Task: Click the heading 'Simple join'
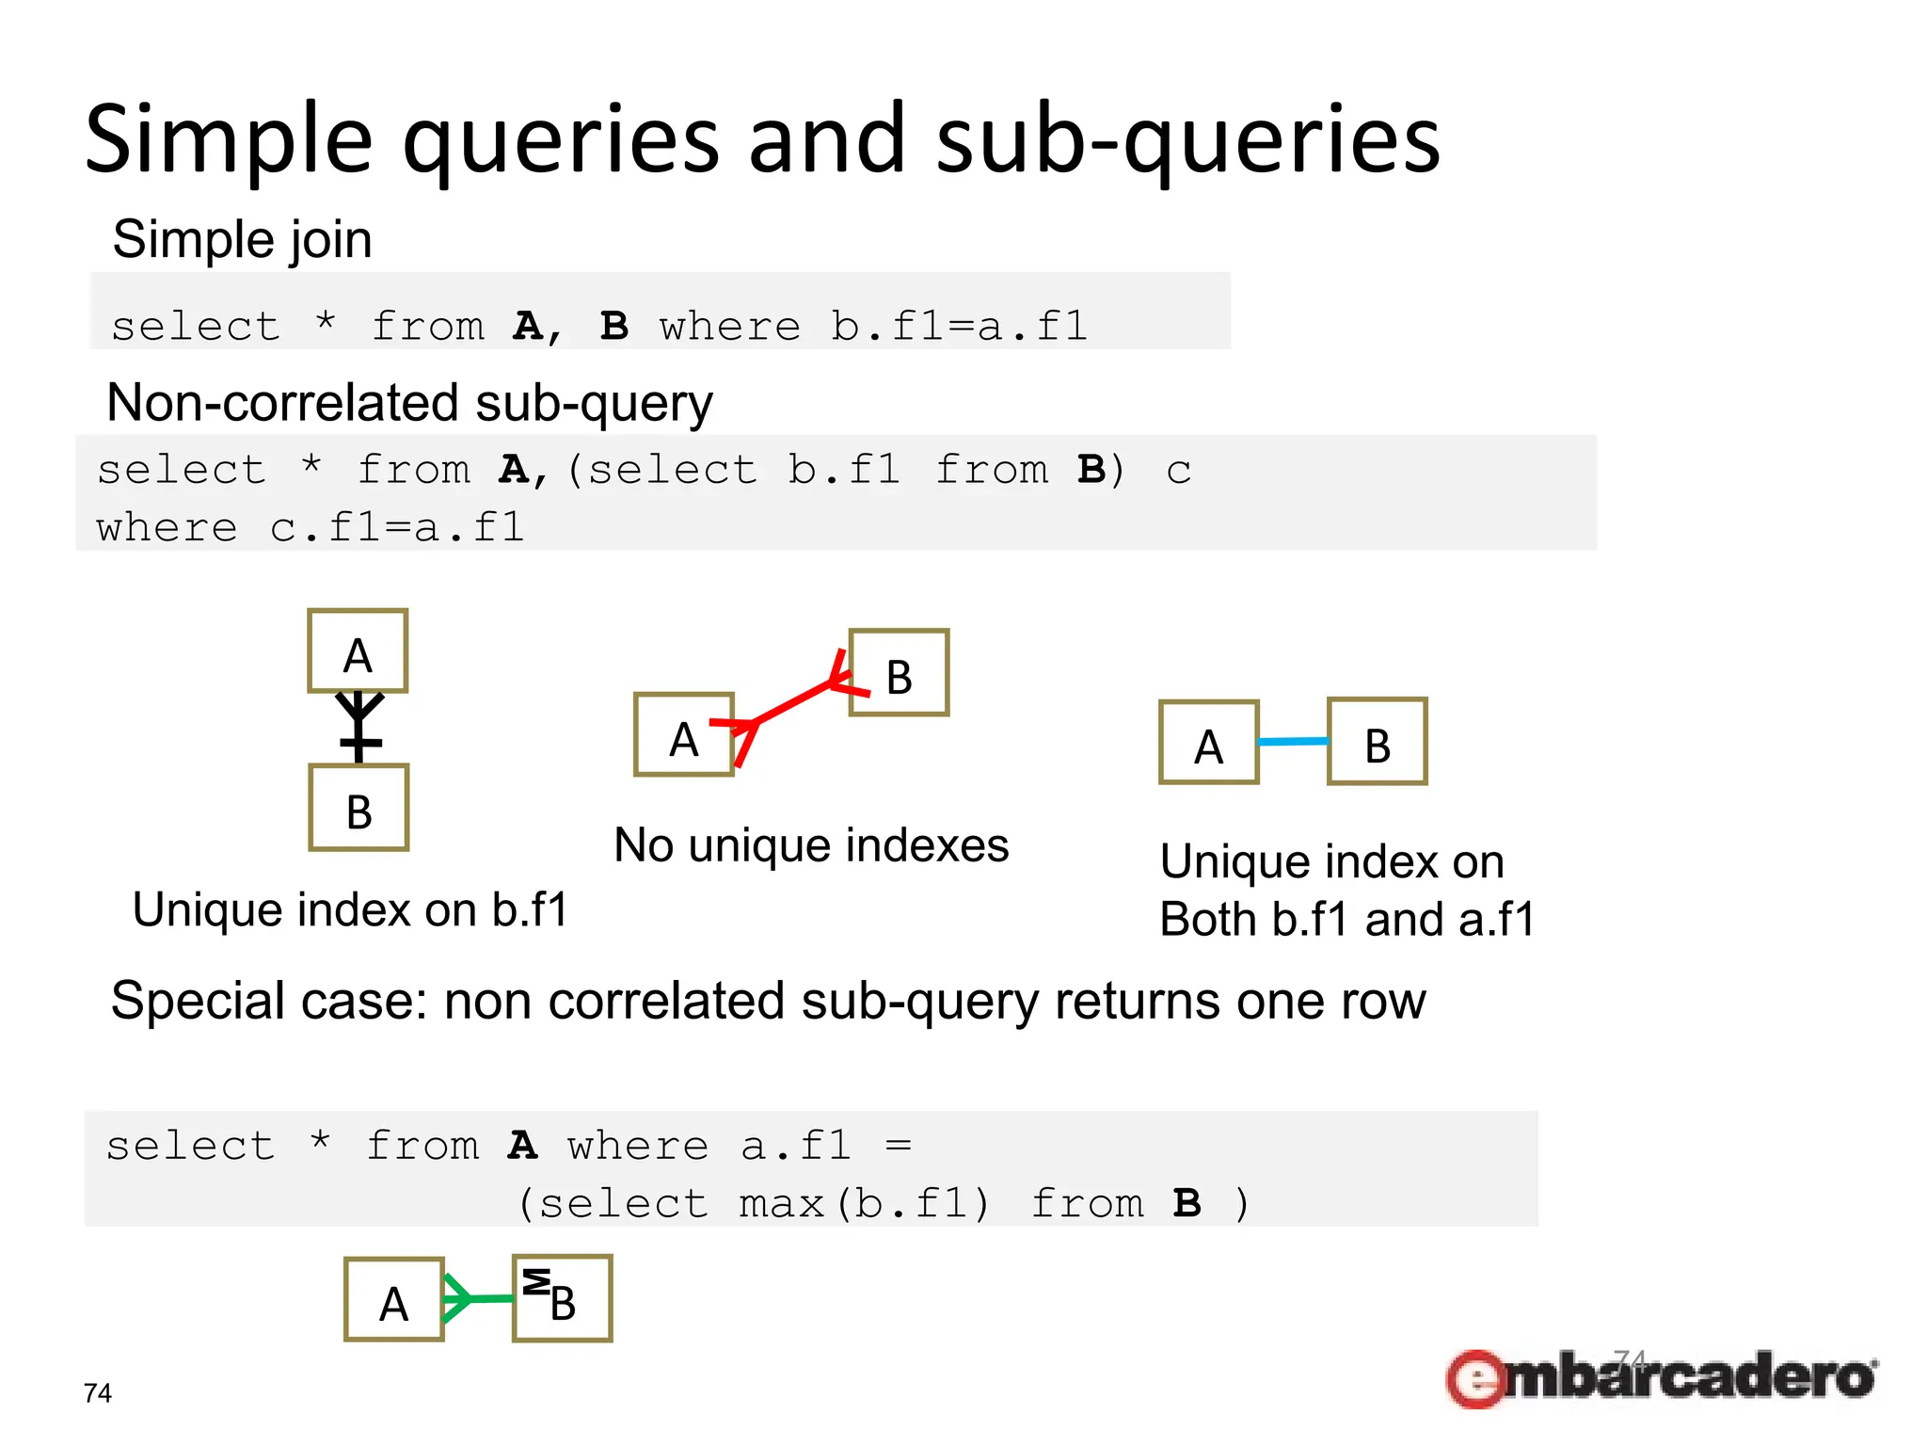242,239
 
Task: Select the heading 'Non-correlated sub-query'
409,403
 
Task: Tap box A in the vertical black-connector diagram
358,651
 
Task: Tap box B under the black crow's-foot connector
358,809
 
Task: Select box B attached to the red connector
899,673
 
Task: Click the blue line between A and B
1293,742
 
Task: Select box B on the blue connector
1377,742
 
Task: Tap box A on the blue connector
1208,743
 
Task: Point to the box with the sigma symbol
562,1298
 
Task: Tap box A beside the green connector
393,1299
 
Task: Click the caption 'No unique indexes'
811,845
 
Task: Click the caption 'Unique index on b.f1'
350,910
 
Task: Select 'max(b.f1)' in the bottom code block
864,1203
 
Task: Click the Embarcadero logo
1661,1377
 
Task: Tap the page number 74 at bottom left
98,1393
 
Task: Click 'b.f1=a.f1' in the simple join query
958,327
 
